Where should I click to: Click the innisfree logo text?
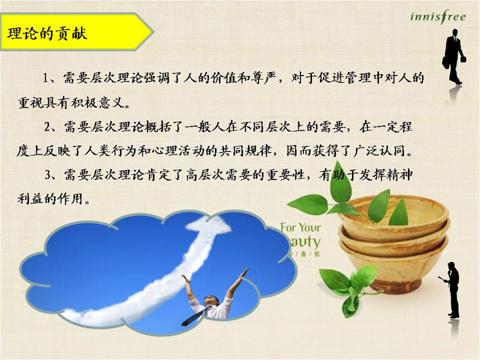(x=438, y=17)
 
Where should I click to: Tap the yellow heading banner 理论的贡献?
(x=77, y=32)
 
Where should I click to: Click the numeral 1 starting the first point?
(x=46, y=79)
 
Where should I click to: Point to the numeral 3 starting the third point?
(x=48, y=175)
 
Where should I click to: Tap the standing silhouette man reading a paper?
(x=451, y=290)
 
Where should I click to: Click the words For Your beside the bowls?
(x=301, y=227)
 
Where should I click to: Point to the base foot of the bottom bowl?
(x=394, y=286)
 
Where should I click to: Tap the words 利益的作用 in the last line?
(x=50, y=199)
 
